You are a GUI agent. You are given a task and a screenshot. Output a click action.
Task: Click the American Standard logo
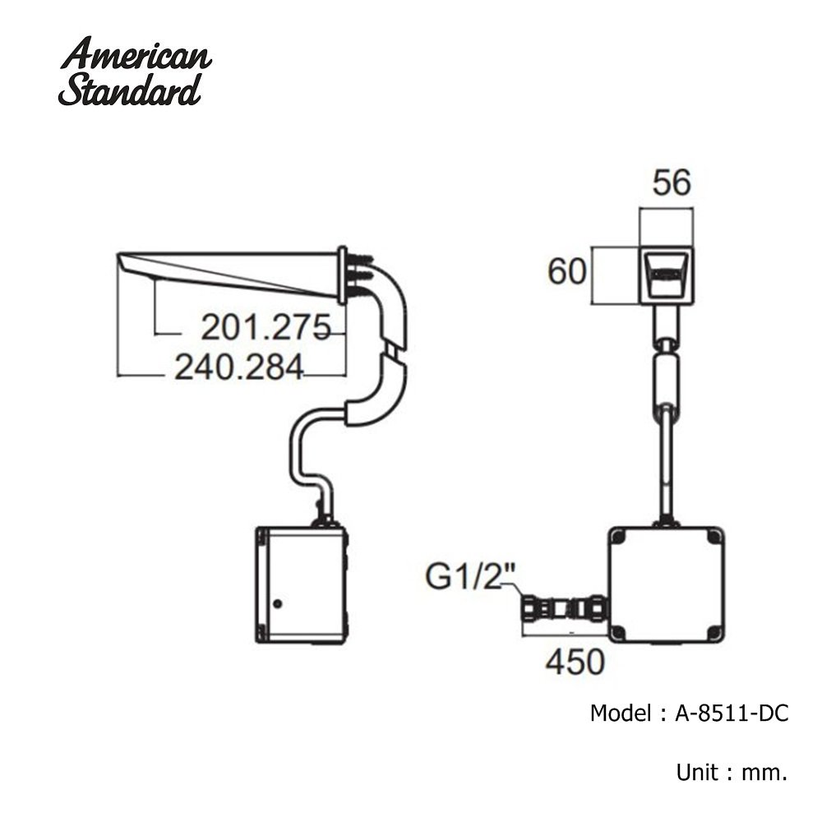(136, 72)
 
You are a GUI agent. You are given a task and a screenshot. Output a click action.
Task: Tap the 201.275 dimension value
(266, 328)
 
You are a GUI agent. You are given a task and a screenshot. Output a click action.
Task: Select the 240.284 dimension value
(239, 367)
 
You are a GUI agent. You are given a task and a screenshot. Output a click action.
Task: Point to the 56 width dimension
(672, 183)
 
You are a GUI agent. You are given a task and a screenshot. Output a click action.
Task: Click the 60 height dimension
(566, 271)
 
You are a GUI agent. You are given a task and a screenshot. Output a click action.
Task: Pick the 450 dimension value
(575, 662)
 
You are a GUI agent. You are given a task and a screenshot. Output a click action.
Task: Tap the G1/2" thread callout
(470, 577)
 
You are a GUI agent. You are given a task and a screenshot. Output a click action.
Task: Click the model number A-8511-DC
(732, 713)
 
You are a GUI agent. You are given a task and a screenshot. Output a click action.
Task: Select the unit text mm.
(764, 773)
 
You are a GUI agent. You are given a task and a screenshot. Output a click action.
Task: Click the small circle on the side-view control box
(278, 603)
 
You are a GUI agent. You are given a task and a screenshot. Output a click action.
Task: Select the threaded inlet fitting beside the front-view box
(565, 611)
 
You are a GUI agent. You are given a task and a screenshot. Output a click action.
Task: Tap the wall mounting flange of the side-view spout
(342, 275)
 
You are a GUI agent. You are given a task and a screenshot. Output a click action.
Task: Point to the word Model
(621, 713)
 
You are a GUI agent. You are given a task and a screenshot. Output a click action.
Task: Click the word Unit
(696, 773)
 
